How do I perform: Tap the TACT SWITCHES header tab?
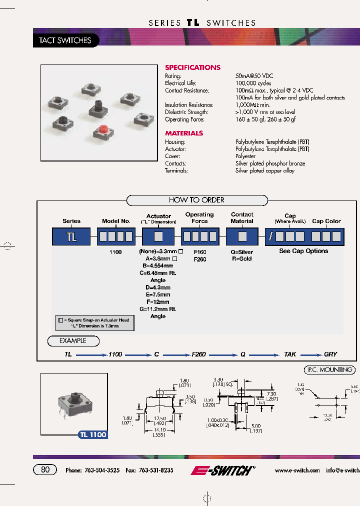(65, 40)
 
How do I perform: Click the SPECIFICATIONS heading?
(192, 67)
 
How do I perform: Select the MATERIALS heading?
(184, 133)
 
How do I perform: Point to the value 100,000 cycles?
(253, 83)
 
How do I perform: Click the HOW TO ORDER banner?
(196, 200)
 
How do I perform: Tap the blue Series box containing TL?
(71, 236)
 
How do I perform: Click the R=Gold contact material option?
(242, 259)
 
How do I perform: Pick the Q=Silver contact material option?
(242, 252)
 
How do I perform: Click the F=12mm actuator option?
(158, 302)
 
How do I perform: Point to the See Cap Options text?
(303, 251)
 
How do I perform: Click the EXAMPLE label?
(73, 341)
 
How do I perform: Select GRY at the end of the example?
(330, 354)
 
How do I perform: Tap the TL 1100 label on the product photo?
(93, 434)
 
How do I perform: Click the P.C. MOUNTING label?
(329, 370)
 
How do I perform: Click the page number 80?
(45, 470)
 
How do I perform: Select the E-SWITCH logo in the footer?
(222, 470)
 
